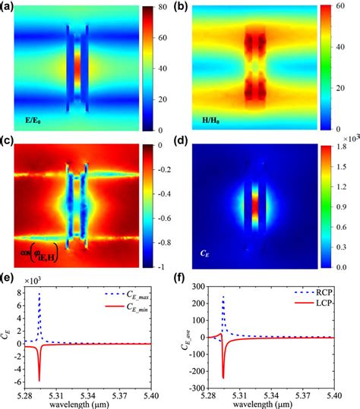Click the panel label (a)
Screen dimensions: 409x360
[x=10, y=8]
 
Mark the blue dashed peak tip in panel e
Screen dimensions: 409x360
[x=39, y=293]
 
